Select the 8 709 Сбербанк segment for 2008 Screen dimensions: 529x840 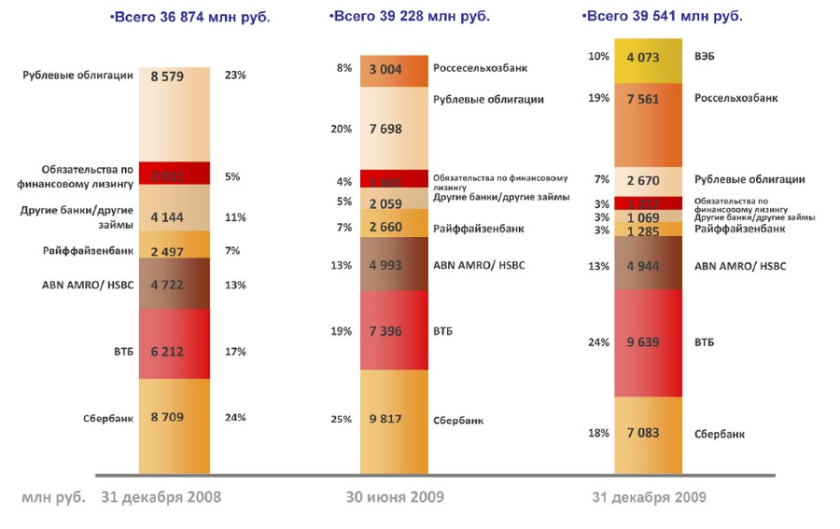pyautogui.click(x=174, y=418)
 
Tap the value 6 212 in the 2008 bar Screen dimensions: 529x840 pyautogui.click(x=174, y=352)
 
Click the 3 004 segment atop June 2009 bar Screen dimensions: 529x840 pyautogui.click(x=394, y=69)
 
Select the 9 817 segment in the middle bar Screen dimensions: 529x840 pyautogui.click(x=394, y=419)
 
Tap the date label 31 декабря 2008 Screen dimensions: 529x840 pyautogui.click(x=161, y=497)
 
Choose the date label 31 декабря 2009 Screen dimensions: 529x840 pyautogui.click(x=650, y=497)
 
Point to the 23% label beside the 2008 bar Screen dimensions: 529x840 pyautogui.click(x=235, y=77)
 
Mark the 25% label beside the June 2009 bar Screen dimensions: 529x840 pyautogui.click(x=341, y=420)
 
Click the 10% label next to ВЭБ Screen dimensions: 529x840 pyautogui.click(x=598, y=58)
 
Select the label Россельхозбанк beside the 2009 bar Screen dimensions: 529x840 pyautogui.click(x=735, y=98)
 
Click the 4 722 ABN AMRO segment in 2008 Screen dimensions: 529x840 pyautogui.click(x=174, y=285)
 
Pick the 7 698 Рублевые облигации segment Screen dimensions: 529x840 pyautogui.click(x=394, y=130)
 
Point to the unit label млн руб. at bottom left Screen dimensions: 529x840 pyautogui.click(x=53, y=497)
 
